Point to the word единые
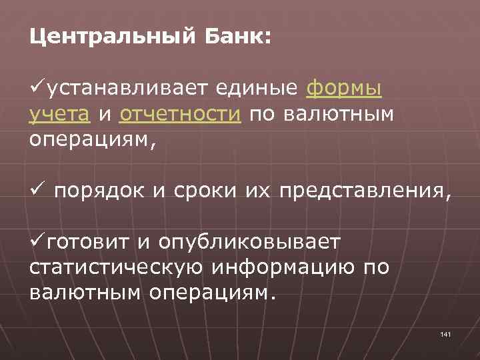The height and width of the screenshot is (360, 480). pos(260,89)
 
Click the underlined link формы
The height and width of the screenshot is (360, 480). pos(344,89)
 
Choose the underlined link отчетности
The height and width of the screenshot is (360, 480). pos(180,115)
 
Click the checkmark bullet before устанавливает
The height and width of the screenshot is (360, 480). pos(37,87)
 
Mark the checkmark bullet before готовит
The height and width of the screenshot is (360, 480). pos(37,239)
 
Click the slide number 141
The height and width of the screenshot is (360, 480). pos(446,333)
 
